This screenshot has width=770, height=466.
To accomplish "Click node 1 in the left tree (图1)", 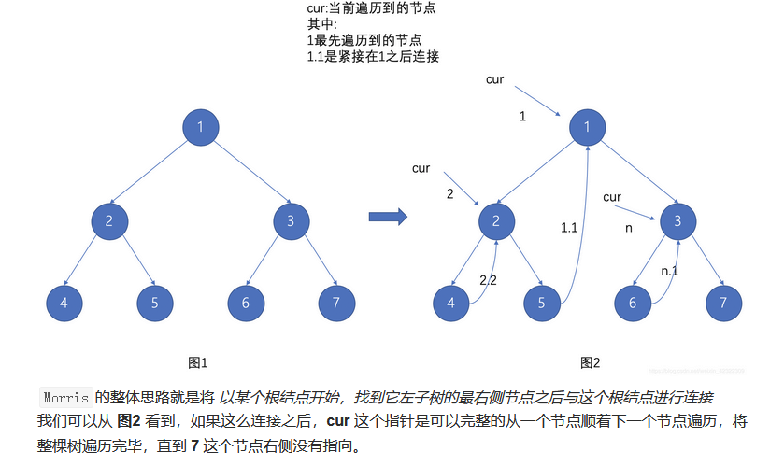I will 200,127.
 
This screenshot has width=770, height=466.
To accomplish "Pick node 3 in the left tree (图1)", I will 291,220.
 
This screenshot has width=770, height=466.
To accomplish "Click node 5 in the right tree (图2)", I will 541,303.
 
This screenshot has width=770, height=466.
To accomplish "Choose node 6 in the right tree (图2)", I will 633,303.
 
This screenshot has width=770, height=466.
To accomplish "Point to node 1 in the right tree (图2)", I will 586,127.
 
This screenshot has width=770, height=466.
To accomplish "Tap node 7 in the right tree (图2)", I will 723,303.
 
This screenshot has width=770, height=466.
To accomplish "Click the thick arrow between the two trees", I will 387,218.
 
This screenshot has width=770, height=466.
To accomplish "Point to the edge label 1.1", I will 569,227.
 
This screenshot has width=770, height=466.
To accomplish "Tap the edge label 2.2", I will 488,279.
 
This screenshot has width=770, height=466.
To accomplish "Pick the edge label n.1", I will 669,272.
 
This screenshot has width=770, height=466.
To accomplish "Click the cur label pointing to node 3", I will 612,197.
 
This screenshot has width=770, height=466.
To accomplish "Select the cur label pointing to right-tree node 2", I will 421,168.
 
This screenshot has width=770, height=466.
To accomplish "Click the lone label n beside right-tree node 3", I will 628,227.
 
